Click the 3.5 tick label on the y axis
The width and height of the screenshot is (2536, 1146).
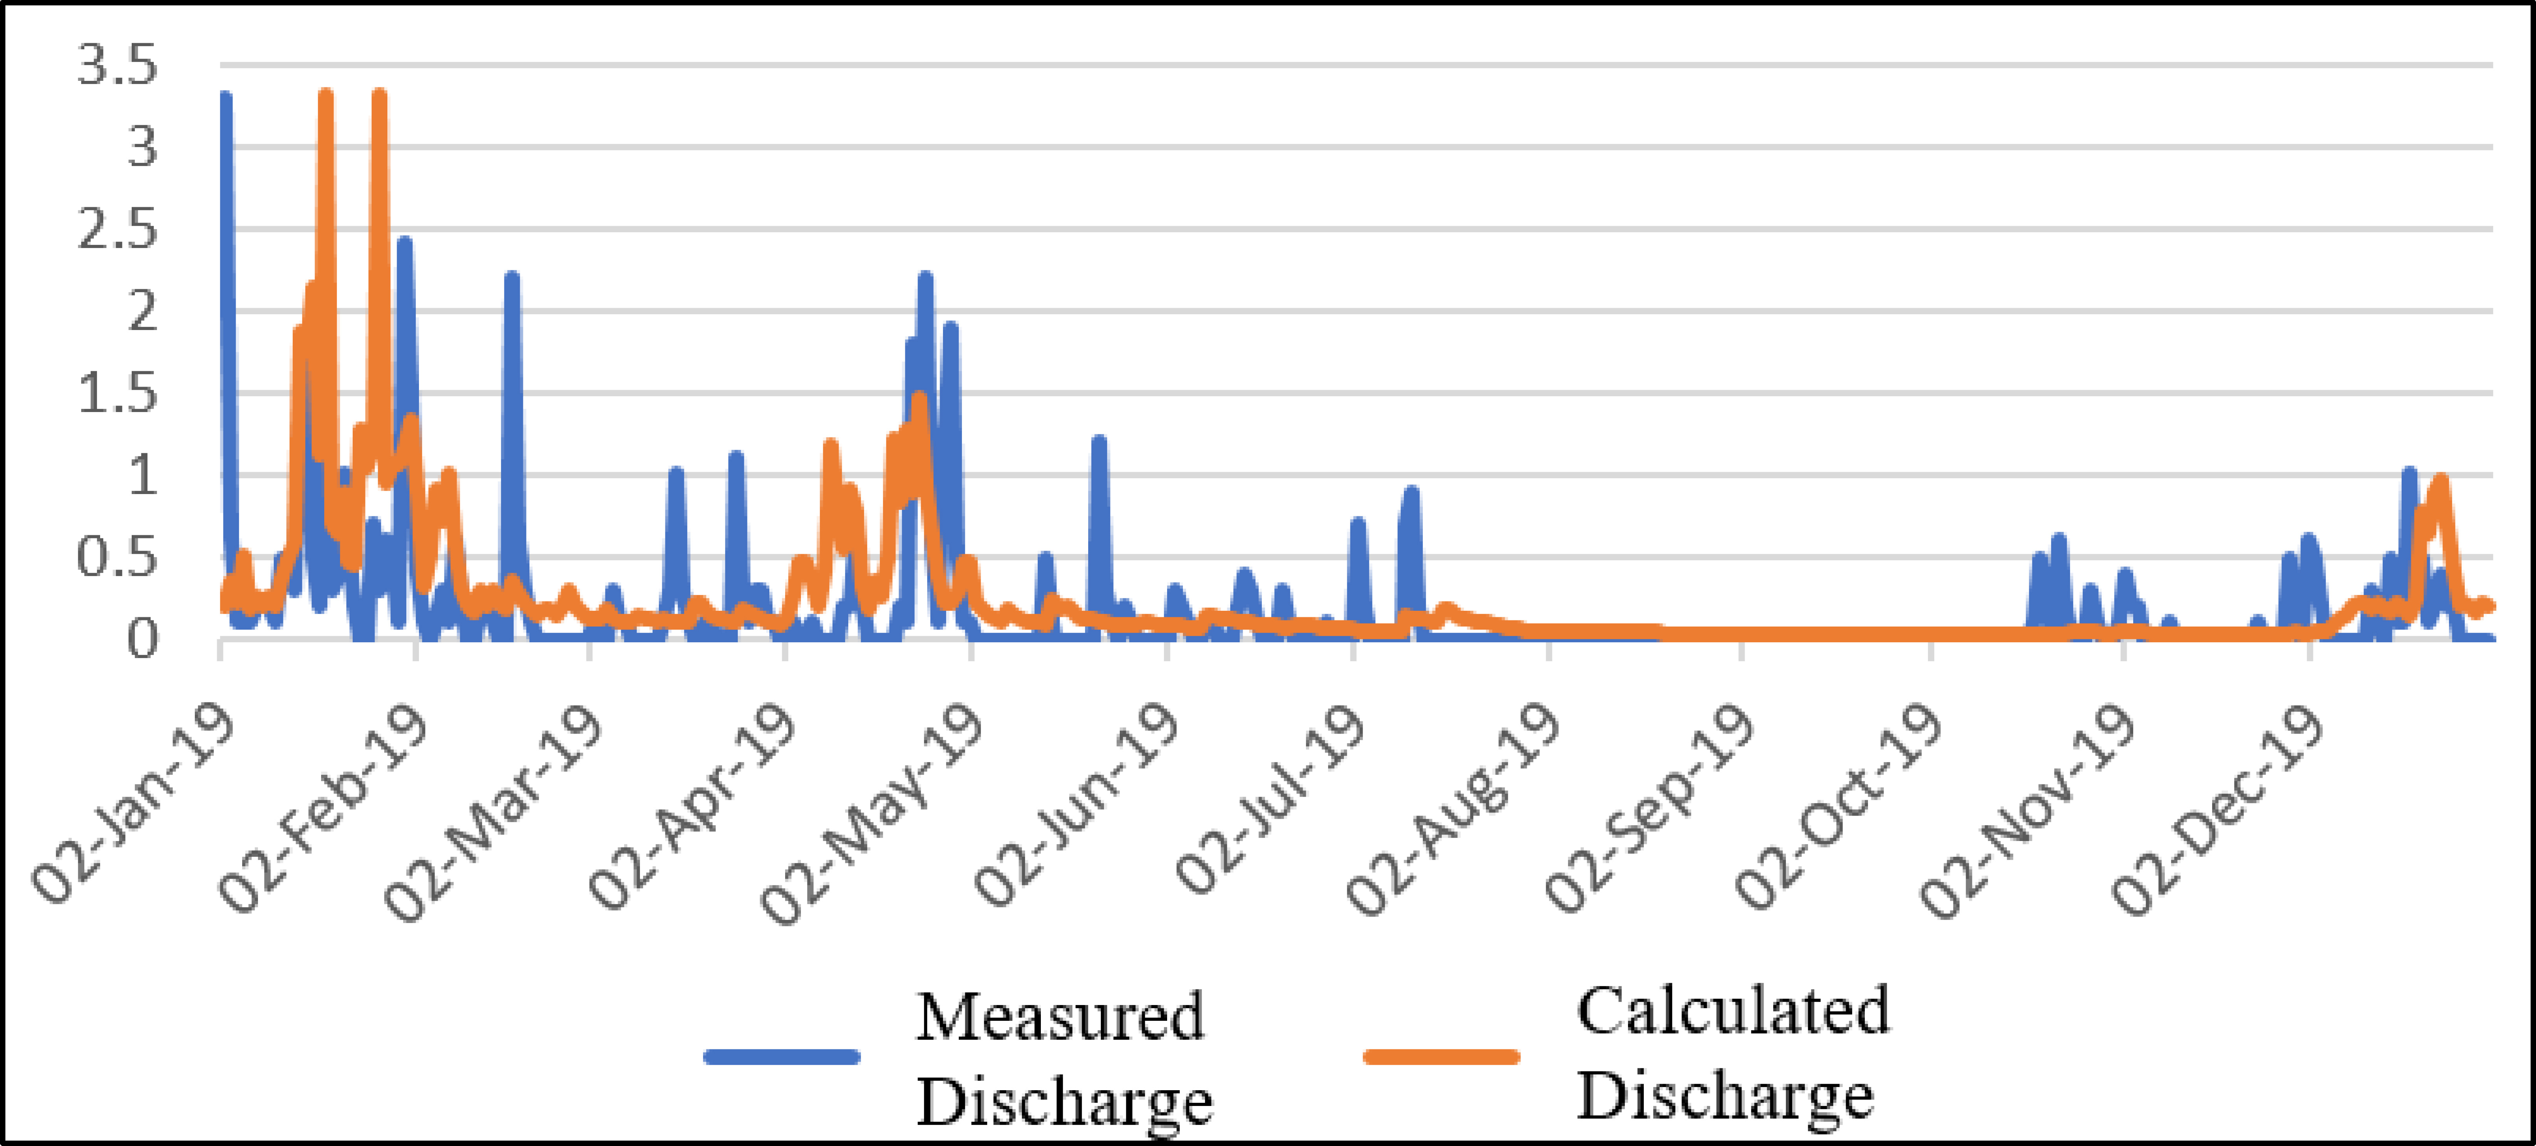(116, 67)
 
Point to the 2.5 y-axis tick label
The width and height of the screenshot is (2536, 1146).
(116, 231)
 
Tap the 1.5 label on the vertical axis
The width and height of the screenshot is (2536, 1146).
(116, 395)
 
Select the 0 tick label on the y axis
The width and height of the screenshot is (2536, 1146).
(141, 640)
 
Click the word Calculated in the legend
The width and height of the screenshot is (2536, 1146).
(1733, 1010)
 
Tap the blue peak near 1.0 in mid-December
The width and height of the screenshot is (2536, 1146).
(2409, 472)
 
